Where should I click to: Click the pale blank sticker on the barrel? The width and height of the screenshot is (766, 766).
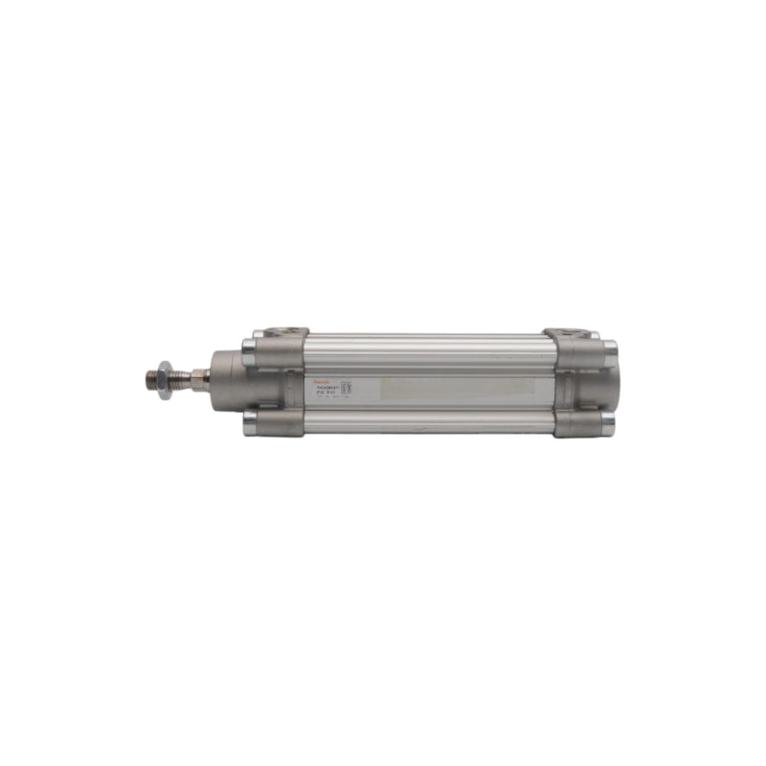(x=460, y=387)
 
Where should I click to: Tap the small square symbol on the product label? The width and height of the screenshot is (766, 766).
(x=347, y=387)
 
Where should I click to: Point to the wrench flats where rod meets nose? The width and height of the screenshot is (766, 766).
(x=204, y=372)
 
